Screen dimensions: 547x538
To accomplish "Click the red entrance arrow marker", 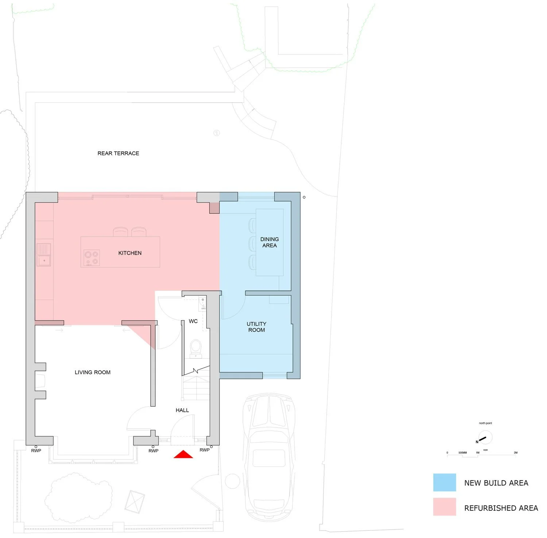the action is coord(183,454).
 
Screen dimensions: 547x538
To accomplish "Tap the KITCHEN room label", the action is coord(130,253).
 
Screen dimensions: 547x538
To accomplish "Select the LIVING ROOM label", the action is coord(93,372).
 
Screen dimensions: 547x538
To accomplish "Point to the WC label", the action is coord(193,321).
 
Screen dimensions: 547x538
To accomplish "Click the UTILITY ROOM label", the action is coord(256,327).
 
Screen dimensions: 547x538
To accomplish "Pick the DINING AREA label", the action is coord(269,242).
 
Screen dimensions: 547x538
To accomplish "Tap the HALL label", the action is coord(182,410).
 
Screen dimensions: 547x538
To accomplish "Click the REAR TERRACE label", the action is coord(118,154).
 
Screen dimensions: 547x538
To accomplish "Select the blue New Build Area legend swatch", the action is coord(444,482).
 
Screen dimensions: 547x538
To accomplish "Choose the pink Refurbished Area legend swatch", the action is coord(444,507).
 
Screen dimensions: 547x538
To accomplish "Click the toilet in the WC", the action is coord(196,347).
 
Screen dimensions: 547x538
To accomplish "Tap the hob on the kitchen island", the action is coord(92,258).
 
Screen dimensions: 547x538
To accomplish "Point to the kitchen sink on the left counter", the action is coord(44,255).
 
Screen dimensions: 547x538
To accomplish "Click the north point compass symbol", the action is coord(485,437).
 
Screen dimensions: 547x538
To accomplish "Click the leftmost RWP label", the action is coord(36,451).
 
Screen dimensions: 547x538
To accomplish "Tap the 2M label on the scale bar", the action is coord(516,453).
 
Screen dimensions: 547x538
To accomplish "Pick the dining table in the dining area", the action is coord(270,242).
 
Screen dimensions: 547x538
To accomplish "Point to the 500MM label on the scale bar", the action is coord(462,453).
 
